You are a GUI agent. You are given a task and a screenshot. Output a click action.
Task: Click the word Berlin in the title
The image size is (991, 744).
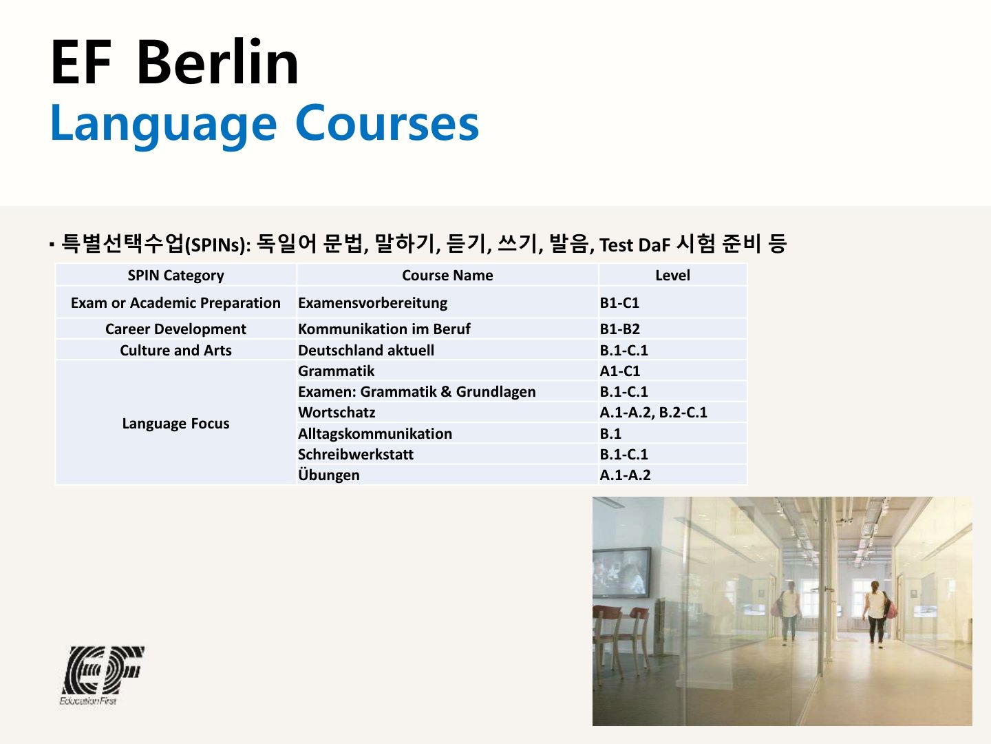[x=217, y=62]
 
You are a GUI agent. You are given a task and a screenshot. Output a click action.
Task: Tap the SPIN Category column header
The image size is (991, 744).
[x=175, y=276]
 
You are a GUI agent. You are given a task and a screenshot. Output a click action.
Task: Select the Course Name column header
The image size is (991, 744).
[x=447, y=276]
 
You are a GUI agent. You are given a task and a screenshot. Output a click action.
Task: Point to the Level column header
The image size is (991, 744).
[x=672, y=276]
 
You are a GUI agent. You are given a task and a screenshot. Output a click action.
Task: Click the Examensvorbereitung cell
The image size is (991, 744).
[x=373, y=303]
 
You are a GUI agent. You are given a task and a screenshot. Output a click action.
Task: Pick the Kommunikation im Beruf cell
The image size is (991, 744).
[x=384, y=329]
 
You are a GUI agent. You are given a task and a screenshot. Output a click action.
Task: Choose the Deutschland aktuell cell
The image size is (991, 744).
[x=366, y=350]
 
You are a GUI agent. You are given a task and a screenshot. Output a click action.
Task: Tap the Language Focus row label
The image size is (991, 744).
[x=175, y=424]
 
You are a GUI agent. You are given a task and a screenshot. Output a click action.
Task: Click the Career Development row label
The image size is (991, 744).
[x=175, y=329]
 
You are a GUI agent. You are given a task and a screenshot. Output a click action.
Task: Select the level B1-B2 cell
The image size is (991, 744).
[x=620, y=329]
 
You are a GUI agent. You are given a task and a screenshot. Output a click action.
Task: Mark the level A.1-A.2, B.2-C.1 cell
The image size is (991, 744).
[x=653, y=413]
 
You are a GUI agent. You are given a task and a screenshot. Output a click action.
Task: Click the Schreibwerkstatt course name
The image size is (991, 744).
[x=356, y=455]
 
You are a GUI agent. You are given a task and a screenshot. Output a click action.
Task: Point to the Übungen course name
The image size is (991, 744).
[x=329, y=475]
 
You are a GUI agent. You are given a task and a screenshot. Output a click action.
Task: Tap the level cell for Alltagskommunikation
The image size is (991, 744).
[x=610, y=434]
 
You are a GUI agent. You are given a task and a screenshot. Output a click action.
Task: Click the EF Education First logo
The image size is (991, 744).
[x=102, y=675]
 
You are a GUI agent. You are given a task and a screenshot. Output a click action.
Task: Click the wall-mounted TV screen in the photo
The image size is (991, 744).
[x=621, y=572]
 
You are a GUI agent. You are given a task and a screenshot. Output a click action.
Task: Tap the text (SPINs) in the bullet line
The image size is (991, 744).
[x=217, y=245]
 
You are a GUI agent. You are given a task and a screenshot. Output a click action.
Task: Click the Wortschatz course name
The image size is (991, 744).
[x=337, y=413]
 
